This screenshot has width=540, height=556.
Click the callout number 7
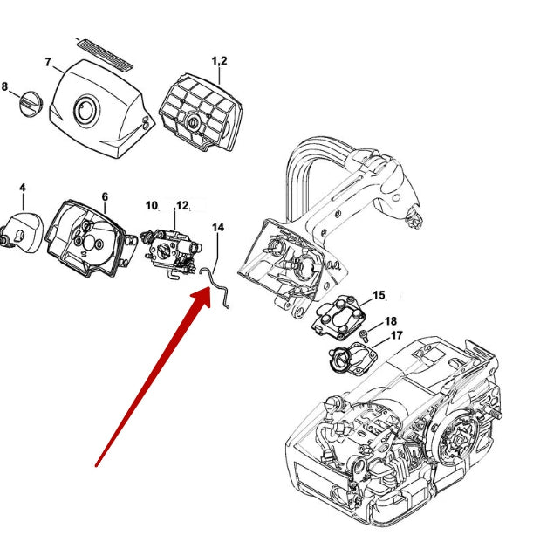tap(48, 62)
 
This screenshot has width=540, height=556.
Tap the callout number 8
tap(5, 86)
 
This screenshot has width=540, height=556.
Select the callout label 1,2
tap(219, 59)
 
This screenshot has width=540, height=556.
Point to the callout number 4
tap(22, 187)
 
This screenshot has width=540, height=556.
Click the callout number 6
tap(105, 196)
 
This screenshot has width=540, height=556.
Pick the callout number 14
tap(218, 227)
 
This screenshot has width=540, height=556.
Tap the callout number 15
tap(379, 296)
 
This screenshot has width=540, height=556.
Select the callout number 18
tap(390, 321)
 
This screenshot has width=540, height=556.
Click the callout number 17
tap(396, 335)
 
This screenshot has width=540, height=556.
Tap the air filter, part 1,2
tap(204, 108)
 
